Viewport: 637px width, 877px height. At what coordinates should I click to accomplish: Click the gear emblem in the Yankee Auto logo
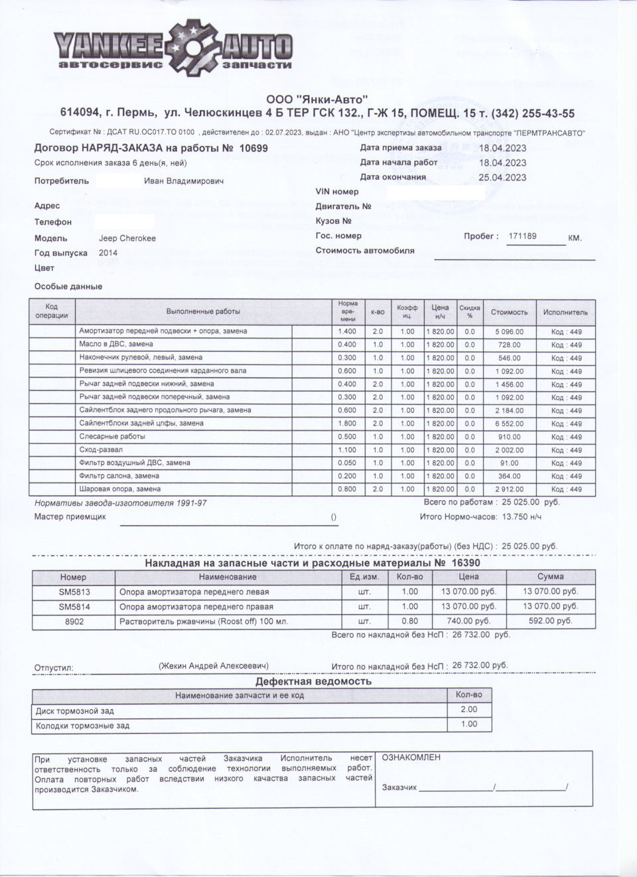[192, 47]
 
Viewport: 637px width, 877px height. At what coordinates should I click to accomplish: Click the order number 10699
[253, 149]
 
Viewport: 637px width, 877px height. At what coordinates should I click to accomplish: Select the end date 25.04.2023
[502, 177]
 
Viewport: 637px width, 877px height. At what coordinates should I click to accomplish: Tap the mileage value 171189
[522, 236]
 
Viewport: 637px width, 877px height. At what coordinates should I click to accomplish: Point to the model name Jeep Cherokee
[127, 238]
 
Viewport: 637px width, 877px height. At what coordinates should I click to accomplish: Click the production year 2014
[108, 253]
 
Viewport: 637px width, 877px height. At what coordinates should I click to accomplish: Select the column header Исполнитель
[565, 312]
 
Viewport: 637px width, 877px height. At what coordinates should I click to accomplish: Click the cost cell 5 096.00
[509, 332]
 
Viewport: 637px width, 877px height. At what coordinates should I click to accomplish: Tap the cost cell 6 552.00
[509, 423]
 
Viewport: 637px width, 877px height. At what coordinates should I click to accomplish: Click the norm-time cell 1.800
[347, 423]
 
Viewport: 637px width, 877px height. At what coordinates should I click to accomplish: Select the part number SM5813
[74, 592]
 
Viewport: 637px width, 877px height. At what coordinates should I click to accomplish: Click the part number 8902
[74, 622]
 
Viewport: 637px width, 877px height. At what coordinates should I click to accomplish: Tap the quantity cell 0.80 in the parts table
[409, 622]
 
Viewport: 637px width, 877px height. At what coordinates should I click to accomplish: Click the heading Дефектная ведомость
[313, 681]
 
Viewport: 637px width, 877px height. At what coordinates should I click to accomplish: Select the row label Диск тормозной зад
[75, 710]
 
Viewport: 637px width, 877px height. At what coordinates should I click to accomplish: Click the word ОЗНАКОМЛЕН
[411, 758]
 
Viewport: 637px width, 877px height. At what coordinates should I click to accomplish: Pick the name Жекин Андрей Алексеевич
[213, 665]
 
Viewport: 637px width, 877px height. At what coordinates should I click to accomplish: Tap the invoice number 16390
[466, 563]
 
